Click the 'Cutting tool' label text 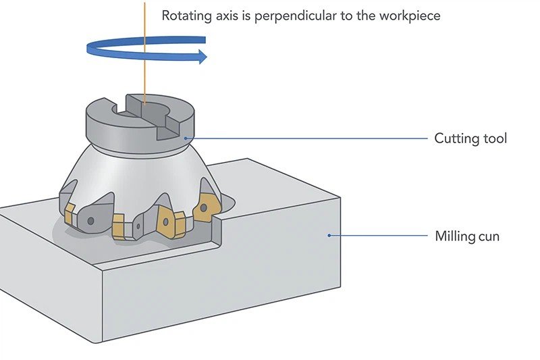click(470, 138)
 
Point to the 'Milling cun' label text click(466, 236)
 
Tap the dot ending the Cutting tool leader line click(188, 138)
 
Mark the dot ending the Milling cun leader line click(329, 236)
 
